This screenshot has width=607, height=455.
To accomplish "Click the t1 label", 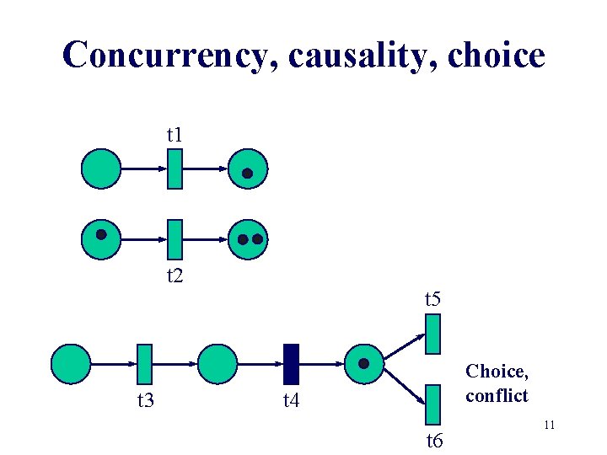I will click(175, 134).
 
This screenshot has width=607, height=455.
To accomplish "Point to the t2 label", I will click(175, 275).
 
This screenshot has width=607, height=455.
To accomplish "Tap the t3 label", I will click(145, 400).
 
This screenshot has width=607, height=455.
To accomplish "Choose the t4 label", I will click(291, 400).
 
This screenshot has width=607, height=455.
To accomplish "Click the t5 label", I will click(433, 298).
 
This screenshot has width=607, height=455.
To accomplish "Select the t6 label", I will click(433, 440).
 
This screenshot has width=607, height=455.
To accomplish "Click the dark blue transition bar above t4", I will click(291, 364).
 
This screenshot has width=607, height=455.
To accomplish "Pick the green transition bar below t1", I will click(175, 169).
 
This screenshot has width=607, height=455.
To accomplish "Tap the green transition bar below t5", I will click(433, 334).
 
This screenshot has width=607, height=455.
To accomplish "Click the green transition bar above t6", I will click(433, 404).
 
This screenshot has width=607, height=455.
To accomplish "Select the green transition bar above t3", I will click(144, 364).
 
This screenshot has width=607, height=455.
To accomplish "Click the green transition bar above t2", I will click(175, 238).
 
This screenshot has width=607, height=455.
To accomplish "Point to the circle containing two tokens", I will click(249, 238).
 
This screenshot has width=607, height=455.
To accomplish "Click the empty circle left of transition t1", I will click(101, 169).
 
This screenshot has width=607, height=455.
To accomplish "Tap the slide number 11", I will click(548, 426).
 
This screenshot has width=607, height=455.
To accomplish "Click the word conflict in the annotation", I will click(497, 395).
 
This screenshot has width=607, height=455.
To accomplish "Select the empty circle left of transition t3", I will click(71, 364).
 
